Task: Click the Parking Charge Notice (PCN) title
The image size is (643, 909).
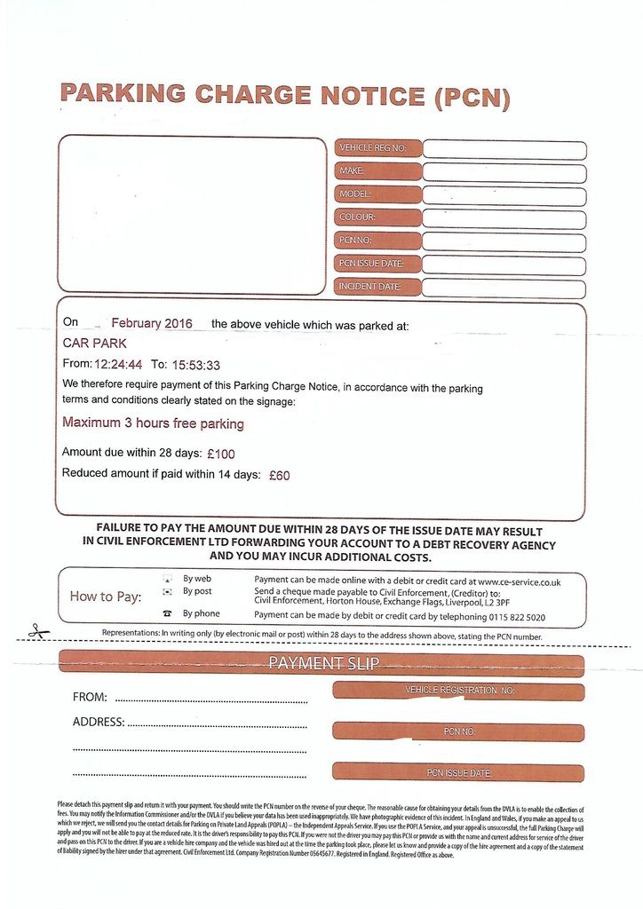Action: (284, 95)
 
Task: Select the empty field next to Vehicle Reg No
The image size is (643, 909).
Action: (504, 149)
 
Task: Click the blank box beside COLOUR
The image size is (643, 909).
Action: (504, 218)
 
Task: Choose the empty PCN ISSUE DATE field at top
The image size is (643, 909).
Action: (504, 265)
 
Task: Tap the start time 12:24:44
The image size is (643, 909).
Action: (118, 364)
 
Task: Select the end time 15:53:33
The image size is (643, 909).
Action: (195, 364)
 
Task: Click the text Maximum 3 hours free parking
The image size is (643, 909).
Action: (153, 423)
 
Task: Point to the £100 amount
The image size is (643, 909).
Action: (221, 454)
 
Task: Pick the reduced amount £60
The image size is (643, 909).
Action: (279, 475)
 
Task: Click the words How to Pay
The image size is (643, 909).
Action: (106, 597)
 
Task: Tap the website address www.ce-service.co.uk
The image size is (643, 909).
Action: (519, 581)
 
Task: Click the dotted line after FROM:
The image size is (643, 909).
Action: (211, 700)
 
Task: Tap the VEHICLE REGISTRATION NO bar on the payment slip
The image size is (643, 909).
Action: (458, 691)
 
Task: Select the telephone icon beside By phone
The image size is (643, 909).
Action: (167, 614)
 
